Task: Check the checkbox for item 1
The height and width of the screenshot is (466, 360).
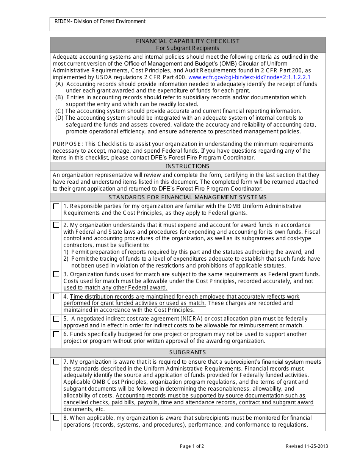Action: click(x=56, y=206)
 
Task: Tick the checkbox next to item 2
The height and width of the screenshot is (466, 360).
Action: click(x=56, y=225)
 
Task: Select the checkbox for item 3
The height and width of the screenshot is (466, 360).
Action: click(x=56, y=274)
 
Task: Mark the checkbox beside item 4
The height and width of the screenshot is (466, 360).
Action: click(x=56, y=297)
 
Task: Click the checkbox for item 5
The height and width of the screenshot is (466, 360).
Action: click(x=56, y=319)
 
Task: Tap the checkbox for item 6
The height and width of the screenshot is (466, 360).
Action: click(x=56, y=335)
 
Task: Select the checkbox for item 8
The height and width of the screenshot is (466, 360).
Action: click(x=56, y=418)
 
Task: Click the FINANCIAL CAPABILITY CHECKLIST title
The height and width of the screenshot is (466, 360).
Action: click(x=188, y=41)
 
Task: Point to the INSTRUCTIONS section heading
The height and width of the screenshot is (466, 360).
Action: click(x=188, y=166)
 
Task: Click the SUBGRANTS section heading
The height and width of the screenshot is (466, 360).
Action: click(x=188, y=352)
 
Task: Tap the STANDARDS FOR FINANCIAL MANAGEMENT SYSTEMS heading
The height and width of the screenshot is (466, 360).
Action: click(x=188, y=197)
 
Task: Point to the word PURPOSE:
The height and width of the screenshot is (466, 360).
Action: click(x=68, y=144)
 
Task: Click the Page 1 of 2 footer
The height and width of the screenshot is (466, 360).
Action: click(x=192, y=446)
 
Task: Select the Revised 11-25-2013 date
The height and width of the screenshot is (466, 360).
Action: click(x=307, y=446)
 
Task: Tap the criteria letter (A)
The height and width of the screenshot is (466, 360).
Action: click(x=59, y=84)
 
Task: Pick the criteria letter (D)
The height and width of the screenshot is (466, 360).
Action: click(x=59, y=118)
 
